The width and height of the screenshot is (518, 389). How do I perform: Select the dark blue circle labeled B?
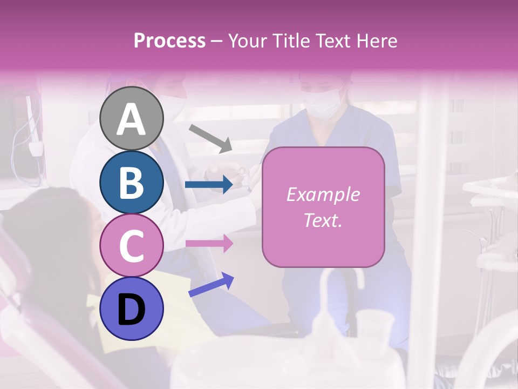132,182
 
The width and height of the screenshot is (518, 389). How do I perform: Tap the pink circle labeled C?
132,245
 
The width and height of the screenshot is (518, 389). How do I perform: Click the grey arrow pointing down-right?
211,137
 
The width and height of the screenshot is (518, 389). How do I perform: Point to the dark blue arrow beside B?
208,185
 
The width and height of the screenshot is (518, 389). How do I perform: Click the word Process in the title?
169,41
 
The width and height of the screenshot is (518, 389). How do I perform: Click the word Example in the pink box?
323,194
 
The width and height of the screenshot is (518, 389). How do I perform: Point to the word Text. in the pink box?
323,220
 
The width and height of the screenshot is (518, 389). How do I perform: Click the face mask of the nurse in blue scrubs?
322,104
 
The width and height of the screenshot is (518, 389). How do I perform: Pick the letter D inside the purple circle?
132,310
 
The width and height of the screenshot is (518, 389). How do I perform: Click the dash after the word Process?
216,41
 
